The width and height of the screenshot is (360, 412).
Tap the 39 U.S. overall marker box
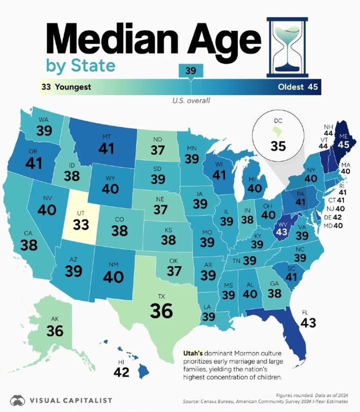pos(190,71)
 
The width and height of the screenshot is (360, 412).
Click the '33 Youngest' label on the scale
pos(66,87)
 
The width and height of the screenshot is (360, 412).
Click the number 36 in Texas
pos(161,311)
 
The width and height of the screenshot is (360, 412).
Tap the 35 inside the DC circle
pos(278,146)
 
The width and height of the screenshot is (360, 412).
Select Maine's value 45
pos(343,144)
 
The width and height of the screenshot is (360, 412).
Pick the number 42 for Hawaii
pos(121,372)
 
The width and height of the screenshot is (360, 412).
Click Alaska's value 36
pos(54,331)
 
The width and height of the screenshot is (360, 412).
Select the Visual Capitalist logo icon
pos(18,400)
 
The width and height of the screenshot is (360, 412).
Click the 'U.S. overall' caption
pos(190,101)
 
